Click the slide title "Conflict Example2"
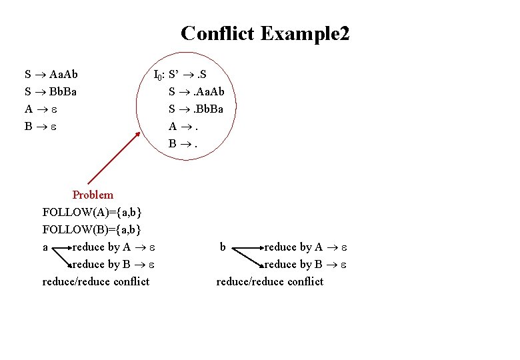click(265, 33)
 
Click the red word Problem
click(93, 195)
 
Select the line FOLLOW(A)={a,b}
click(92, 212)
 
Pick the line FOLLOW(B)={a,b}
click(92, 229)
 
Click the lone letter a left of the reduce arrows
click(45, 247)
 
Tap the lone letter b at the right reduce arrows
click(223, 247)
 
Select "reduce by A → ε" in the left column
click(114, 247)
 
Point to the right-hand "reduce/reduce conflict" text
click(270, 281)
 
